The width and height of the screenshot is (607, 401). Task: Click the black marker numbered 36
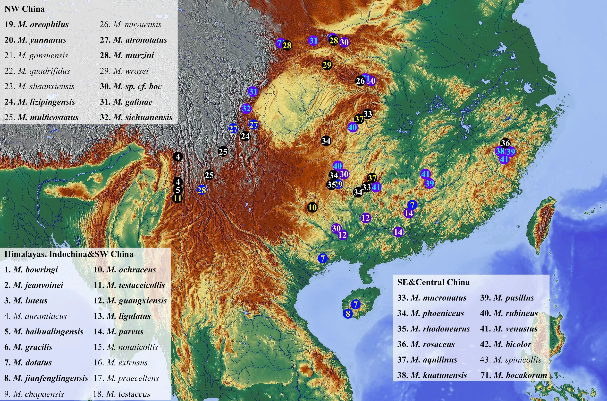coord(505,143)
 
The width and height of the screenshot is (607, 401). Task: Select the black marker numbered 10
coord(312,207)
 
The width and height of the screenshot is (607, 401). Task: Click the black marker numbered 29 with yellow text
coord(327,65)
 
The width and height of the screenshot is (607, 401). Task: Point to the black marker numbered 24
coord(245,136)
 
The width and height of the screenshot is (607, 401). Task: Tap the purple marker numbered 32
coord(246,108)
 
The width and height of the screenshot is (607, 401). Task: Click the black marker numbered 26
coord(360,81)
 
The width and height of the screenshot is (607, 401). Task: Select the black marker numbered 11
coord(177,198)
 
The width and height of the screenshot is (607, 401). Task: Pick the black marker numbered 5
coord(178,190)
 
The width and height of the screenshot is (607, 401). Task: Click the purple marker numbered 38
coord(500,151)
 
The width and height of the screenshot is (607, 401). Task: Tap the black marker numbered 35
coord(331,185)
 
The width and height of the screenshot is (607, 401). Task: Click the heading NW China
coord(25,9)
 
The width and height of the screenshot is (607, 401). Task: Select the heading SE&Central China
coord(433,282)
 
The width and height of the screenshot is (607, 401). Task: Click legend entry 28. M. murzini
coord(127,55)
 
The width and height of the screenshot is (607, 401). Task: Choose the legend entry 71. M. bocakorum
coord(514,375)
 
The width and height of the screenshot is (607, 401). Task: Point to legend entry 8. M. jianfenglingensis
coord(46,378)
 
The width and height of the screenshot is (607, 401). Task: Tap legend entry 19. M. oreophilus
coord(36,25)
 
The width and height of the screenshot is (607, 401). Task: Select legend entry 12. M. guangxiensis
coord(130,301)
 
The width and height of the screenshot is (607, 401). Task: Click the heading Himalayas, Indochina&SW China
coord(69,254)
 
